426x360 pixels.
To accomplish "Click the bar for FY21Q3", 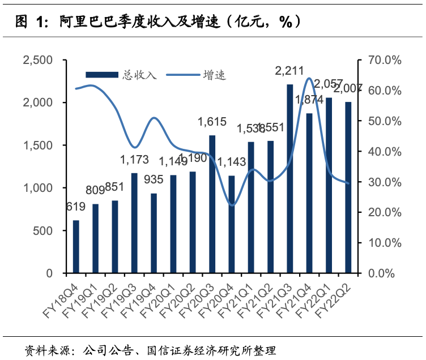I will point(289,179).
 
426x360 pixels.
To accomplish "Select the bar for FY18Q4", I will point(76,247).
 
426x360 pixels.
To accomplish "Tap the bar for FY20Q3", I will point(212,204).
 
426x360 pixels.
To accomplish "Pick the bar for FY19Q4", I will point(154,233).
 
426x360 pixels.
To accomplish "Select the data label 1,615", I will point(212,122).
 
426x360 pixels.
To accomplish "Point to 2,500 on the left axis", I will point(37,60).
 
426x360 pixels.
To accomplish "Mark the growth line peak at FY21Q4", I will point(309,78).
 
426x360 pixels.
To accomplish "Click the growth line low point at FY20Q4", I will point(231,205).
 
